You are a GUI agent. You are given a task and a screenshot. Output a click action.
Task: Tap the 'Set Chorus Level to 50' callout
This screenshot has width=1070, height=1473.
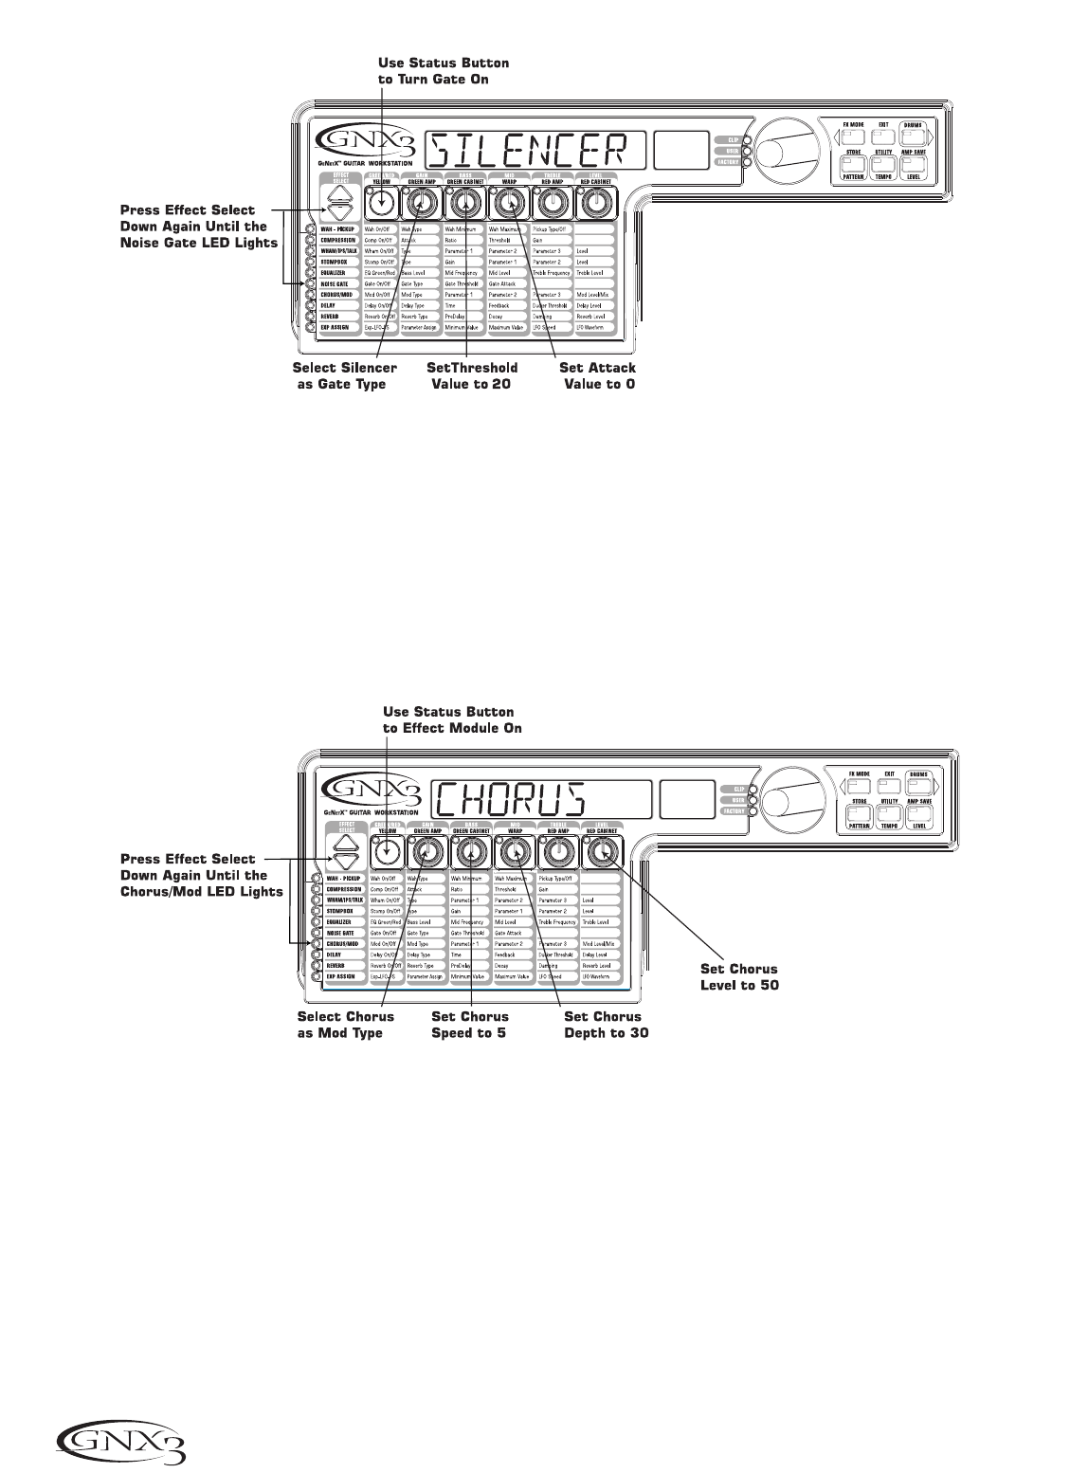(739, 976)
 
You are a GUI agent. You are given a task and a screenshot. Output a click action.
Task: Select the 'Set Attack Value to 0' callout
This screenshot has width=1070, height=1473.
(598, 375)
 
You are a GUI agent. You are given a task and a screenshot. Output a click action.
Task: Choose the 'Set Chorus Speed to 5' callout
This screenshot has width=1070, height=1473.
(470, 1025)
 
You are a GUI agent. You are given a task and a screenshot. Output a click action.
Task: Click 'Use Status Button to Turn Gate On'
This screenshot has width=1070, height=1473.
(443, 71)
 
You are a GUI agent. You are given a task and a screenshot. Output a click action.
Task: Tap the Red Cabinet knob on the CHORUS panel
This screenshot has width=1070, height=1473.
(600, 855)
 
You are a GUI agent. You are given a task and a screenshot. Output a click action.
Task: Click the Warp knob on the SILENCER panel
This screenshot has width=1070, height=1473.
(510, 202)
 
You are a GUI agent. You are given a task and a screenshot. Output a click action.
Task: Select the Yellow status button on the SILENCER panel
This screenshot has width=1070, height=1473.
(382, 203)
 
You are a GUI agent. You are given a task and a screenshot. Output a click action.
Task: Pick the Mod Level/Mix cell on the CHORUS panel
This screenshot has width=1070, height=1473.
(600, 944)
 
